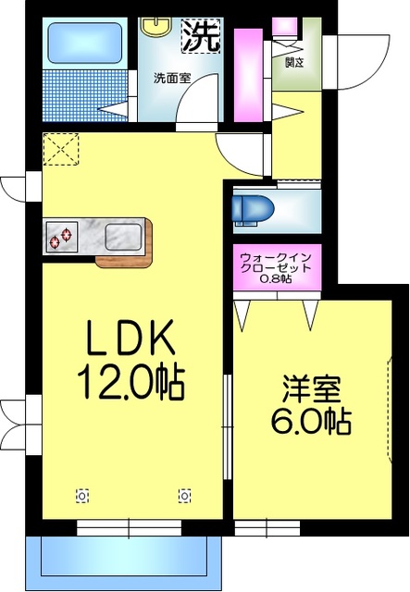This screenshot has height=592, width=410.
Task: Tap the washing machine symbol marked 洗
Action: click(200, 36)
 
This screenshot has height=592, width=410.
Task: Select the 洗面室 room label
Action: click(172, 78)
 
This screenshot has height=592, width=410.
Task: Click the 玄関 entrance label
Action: click(295, 63)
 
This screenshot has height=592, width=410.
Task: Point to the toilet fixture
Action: click(252, 206)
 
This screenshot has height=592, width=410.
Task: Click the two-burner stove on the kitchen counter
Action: click(62, 238)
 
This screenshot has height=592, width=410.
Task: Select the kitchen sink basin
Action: click(122, 237)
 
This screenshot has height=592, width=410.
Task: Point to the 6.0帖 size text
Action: click(310, 423)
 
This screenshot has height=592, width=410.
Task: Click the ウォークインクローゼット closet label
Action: click(275, 264)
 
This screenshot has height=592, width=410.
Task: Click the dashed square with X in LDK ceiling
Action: click(63, 148)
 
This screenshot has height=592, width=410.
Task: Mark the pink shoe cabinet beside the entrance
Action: click(248, 75)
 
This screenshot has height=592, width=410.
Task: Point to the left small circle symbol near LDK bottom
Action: click(83, 494)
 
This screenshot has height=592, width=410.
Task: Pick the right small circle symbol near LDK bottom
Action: click(185, 494)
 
